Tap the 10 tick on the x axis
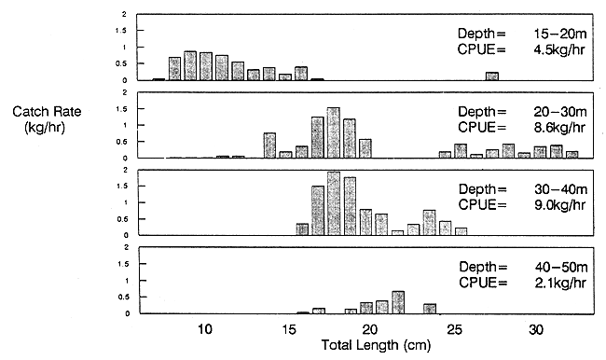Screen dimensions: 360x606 205,329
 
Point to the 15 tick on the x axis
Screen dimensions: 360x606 287,329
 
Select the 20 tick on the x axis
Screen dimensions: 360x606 370,329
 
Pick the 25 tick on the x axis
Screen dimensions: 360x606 453,329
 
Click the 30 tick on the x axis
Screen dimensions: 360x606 536,329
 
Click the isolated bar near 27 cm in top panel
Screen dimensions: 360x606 492,76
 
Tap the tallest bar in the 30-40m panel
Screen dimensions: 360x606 334,204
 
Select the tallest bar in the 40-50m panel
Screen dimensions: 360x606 398,303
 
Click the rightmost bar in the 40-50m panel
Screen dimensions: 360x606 430,309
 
